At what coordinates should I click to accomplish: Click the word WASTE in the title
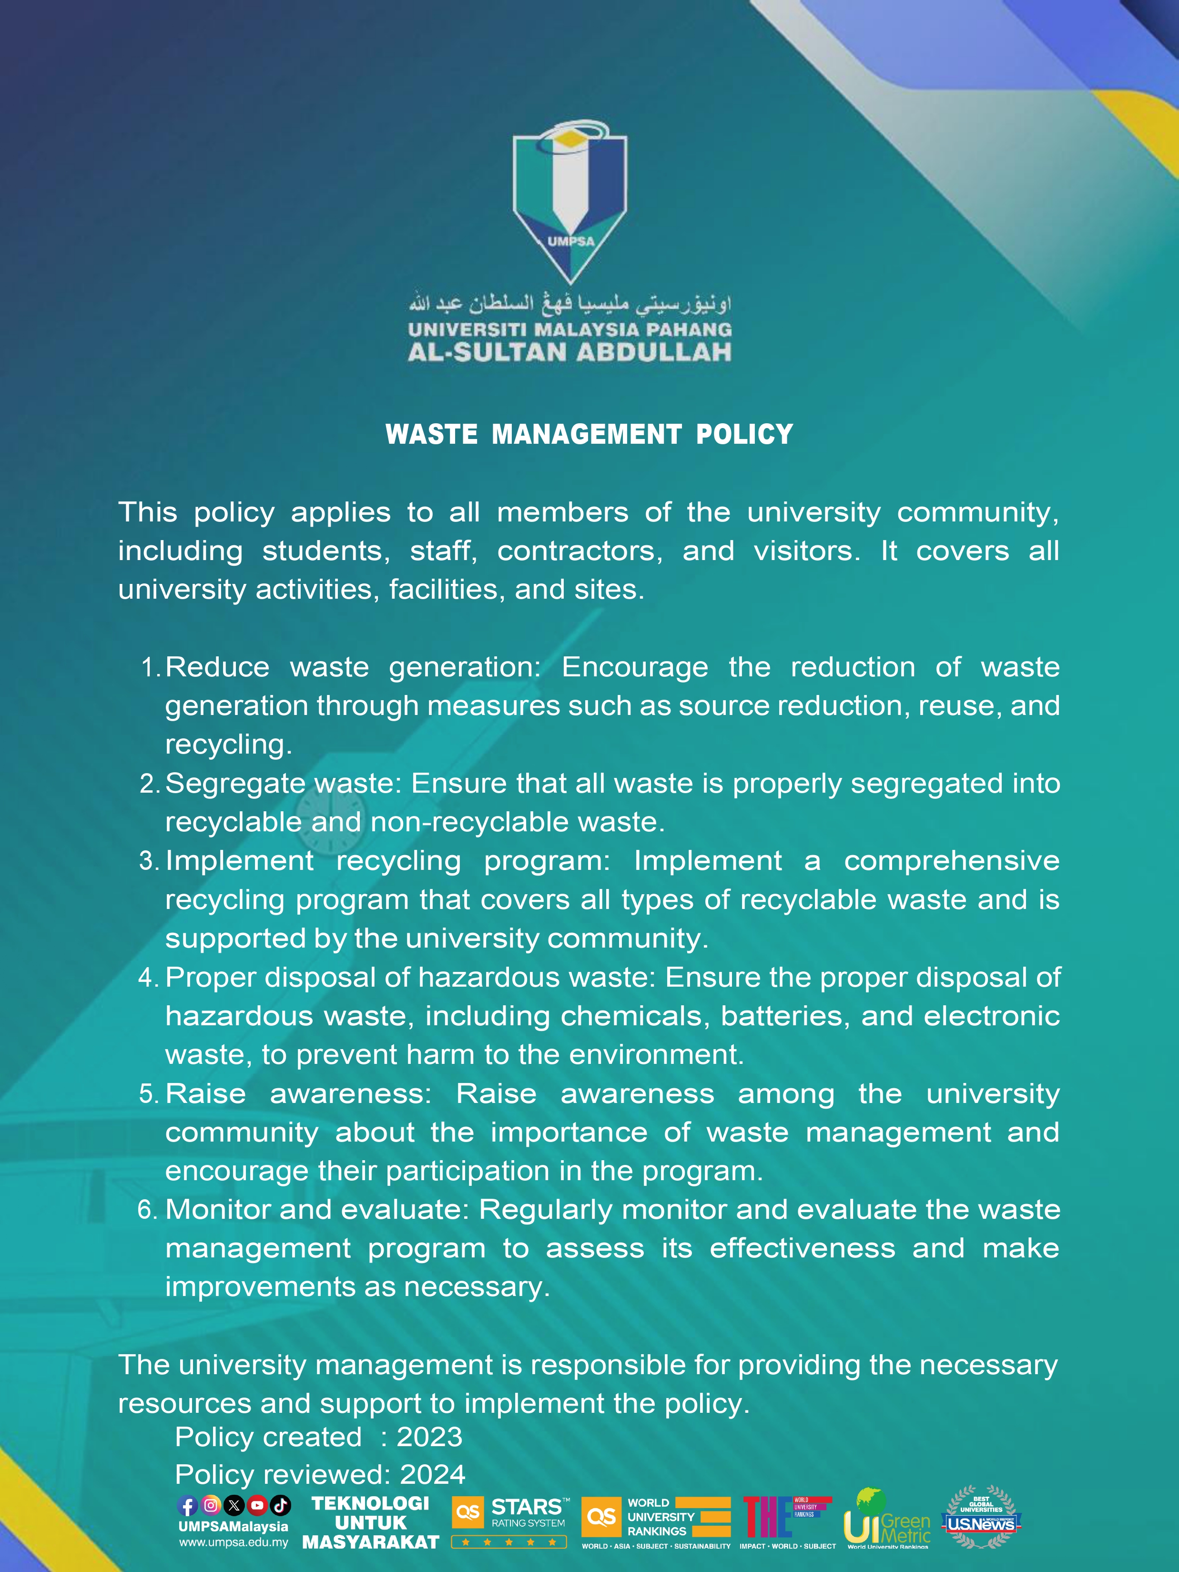pyautogui.click(x=431, y=434)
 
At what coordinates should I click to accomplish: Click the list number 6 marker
pyautogui.click(x=147, y=1210)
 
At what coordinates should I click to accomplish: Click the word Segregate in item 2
pyautogui.click(x=234, y=784)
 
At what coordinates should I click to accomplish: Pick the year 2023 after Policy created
pyautogui.click(x=429, y=1437)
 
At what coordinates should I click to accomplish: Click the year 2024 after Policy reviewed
pyautogui.click(x=432, y=1475)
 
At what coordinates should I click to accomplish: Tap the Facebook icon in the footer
pyautogui.click(x=188, y=1505)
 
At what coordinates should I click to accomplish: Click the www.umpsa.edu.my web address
pyautogui.click(x=234, y=1543)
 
